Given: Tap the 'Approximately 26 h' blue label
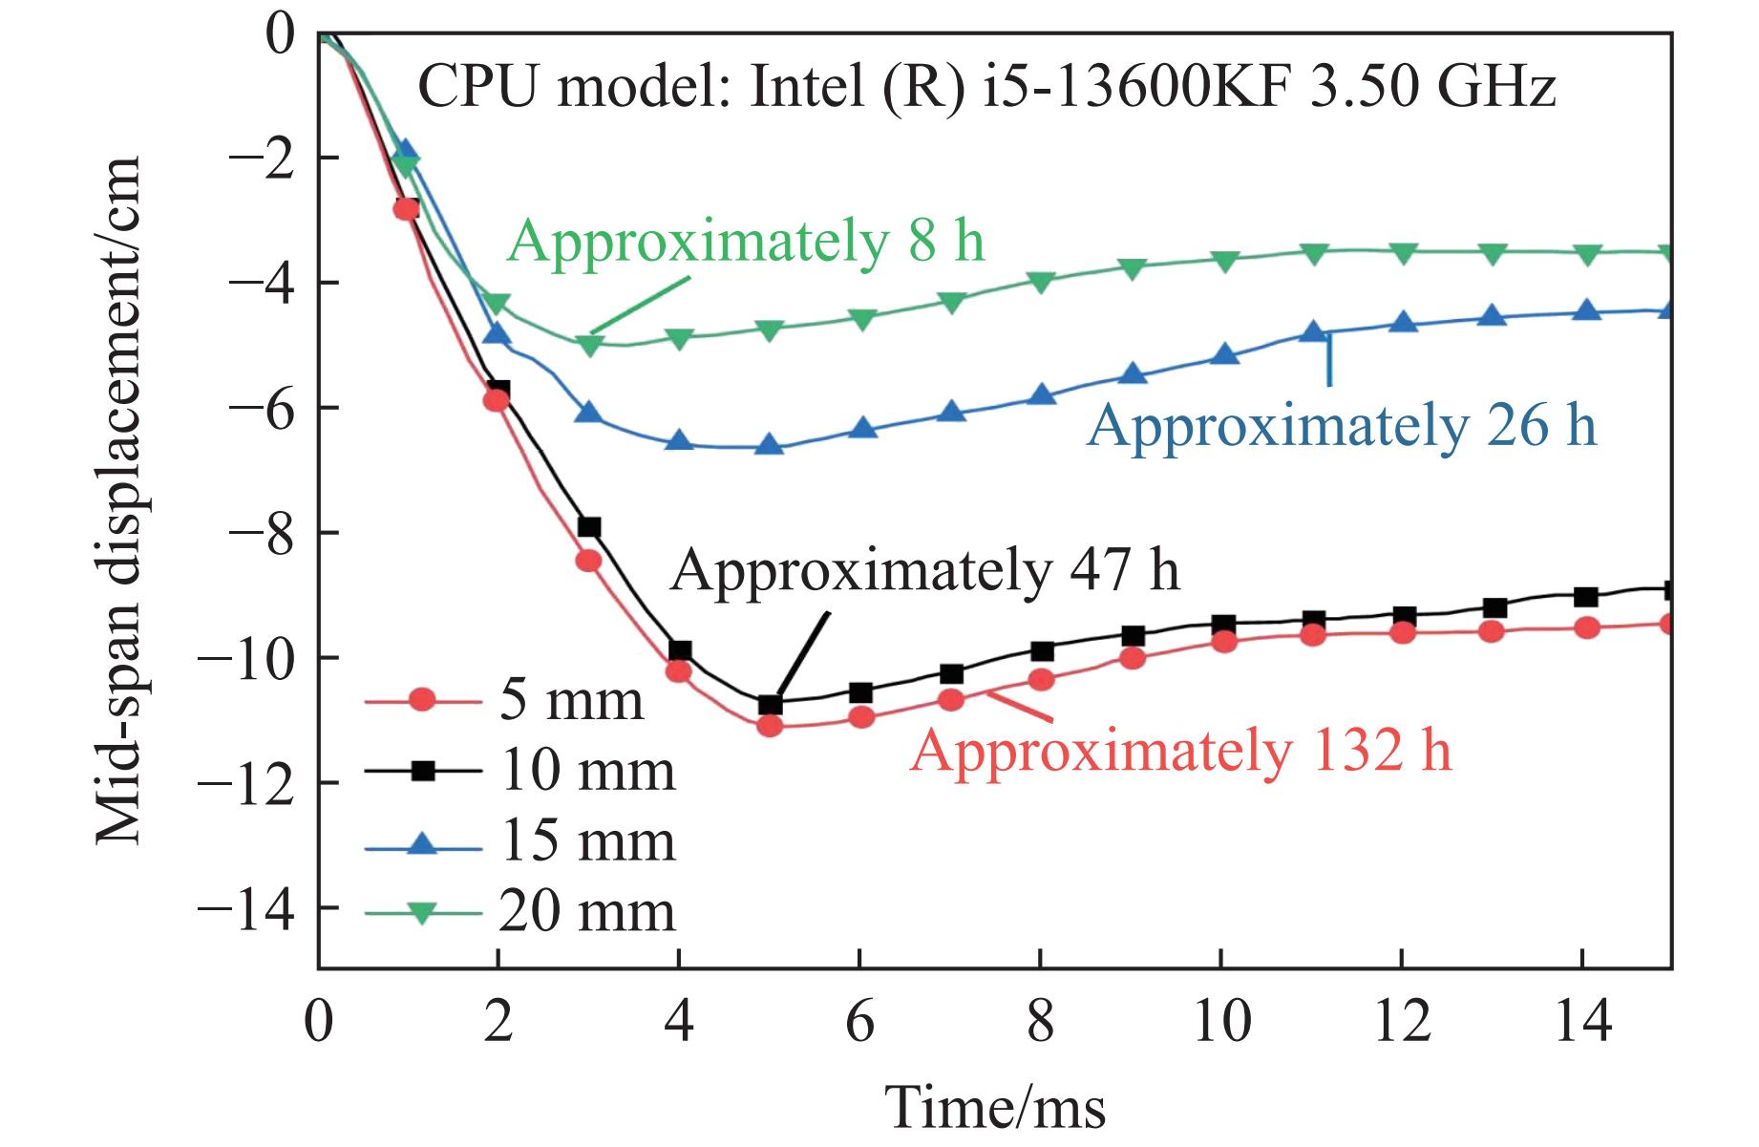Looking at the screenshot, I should click(x=1342, y=424).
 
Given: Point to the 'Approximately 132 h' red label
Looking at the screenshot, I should click(x=1181, y=751).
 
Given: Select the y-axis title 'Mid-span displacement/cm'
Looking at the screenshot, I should click(x=119, y=500).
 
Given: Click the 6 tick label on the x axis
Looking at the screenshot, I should click(x=859, y=1022).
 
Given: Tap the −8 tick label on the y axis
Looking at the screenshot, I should click(x=258, y=533).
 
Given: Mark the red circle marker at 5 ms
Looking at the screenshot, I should click(x=771, y=726).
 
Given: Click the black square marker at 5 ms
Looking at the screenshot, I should click(x=771, y=705).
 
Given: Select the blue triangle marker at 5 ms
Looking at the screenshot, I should click(x=770, y=445).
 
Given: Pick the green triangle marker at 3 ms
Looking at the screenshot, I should click(x=589, y=345).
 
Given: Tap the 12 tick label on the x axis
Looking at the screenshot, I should click(x=1401, y=1022).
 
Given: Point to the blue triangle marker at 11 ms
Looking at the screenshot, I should click(x=1314, y=332).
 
